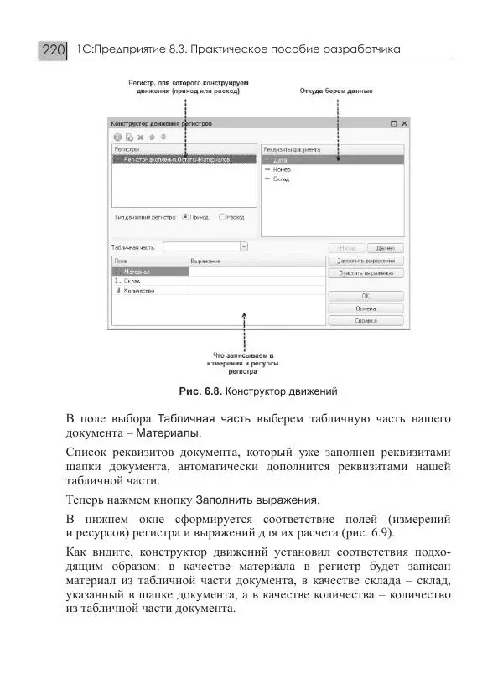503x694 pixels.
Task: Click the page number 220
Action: pos(52,50)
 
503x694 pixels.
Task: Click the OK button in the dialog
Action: pos(365,296)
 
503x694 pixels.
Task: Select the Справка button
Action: pos(365,320)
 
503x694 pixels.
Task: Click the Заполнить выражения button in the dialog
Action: pos(365,261)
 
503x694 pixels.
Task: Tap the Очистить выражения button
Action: pos(365,272)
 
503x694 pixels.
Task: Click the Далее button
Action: pos(386,248)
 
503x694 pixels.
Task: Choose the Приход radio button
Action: pos(186,216)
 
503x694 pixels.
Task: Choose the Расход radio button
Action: pos(222,216)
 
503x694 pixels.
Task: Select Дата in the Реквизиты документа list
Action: pos(281,159)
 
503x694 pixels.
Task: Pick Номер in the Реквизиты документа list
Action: pos(283,168)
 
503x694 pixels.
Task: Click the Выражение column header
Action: pos(205,262)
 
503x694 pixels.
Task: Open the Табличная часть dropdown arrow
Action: pos(244,247)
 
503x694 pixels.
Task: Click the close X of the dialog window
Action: pos(405,123)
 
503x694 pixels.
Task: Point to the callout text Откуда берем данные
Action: pos(336,91)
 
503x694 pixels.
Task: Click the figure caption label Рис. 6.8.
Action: pos(200,391)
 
